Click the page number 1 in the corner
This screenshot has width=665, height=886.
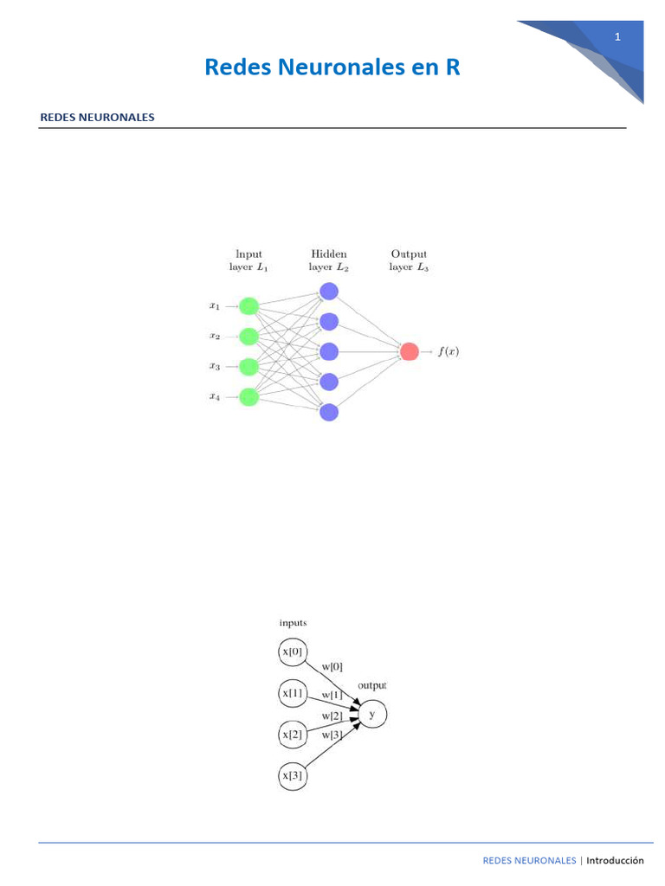tap(617, 36)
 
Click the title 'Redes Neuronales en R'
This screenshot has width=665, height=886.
tap(332, 67)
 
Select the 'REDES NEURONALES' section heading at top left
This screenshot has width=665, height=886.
tap(97, 117)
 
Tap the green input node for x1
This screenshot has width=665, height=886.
tap(249, 305)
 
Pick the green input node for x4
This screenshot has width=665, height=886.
tap(249, 396)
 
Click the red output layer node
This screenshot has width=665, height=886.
tap(409, 351)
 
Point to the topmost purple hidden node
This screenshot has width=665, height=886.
tap(328, 292)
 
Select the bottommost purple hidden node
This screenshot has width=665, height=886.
tap(328, 412)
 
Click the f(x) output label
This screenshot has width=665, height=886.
tap(449, 351)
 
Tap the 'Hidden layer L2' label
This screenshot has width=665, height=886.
tap(328, 260)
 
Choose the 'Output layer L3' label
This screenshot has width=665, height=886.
tap(409, 260)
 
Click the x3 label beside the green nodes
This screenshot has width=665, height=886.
tap(215, 366)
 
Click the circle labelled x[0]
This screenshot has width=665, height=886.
tap(293, 652)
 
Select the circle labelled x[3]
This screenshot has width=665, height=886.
tap(293, 776)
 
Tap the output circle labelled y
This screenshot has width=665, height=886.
tap(372, 715)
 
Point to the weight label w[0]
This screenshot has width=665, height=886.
tap(332, 666)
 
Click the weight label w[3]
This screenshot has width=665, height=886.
tap(332, 735)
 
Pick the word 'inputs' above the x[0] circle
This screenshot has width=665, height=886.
tap(293, 622)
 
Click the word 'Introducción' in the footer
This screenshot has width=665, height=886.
tap(615, 860)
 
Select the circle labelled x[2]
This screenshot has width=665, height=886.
tap(293, 735)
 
